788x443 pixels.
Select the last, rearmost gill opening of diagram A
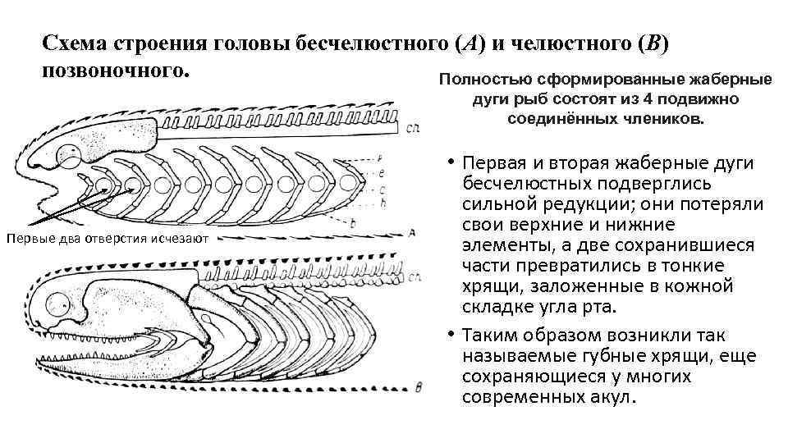pyautogui.click(x=348, y=182)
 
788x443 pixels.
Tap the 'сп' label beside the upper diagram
pyautogui.click(x=413, y=130)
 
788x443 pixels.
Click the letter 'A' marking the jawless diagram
pyautogui.click(x=410, y=233)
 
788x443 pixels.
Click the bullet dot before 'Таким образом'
pyautogui.click(x=451, y=336)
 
